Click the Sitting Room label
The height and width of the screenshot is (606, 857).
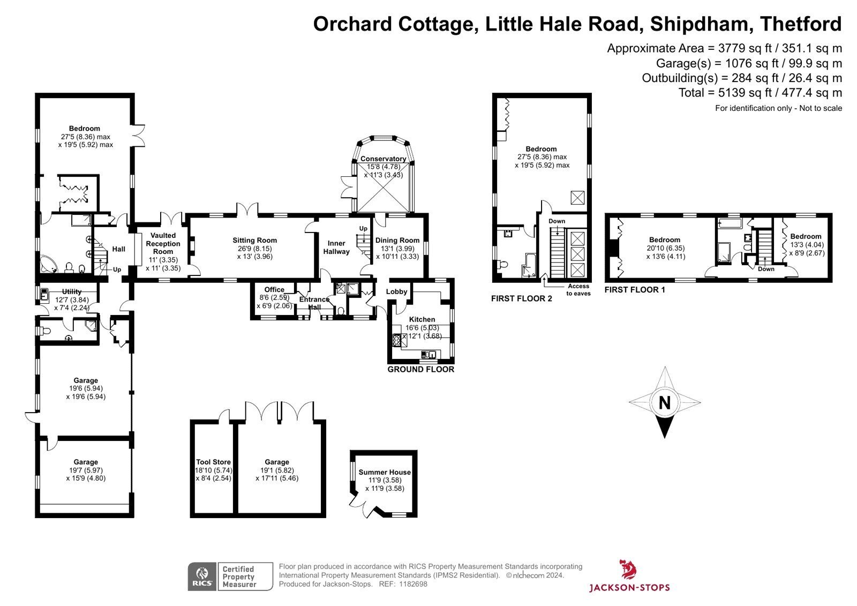pos(254,241)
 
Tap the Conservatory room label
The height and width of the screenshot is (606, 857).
pos(383,159)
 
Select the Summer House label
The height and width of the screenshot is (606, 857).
pos(385,472)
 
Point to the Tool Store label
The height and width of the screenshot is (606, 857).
pos(214,462)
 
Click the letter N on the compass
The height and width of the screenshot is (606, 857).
pos(665,403)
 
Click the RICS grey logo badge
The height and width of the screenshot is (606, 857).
pos(202,577)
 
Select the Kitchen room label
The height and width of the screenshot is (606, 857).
pos(422,319)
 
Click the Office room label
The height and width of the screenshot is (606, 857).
pos(274,289)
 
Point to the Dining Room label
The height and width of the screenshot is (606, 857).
pos(397,241)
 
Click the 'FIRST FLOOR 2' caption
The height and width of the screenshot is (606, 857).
pos(522,298)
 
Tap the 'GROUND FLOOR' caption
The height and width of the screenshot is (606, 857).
pos(421,369)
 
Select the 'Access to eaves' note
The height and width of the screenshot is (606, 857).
pos(578,290)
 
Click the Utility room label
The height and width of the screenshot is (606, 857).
pos(72,291)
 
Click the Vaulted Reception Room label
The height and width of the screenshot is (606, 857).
pos(163,243)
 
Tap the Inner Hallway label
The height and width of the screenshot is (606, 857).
pos(336,248)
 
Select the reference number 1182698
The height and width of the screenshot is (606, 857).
pos(413,584)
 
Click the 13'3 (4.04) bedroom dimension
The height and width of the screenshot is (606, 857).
pos(807,245)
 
